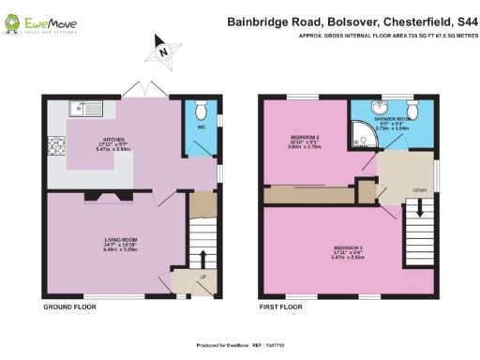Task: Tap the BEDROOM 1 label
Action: point(348,248)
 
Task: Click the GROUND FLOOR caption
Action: point(70,307)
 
